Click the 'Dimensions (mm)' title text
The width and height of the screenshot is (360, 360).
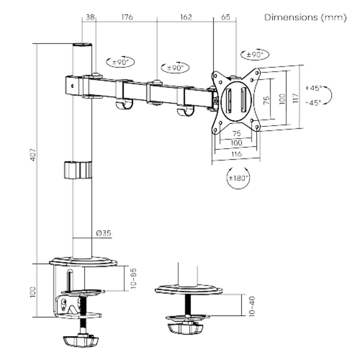[x=306, y=18]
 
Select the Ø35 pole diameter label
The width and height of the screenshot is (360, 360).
[x=103, y=233]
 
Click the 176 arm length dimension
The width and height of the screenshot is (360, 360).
[x=127, y=18]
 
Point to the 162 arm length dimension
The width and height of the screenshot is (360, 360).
[x=185, y=18]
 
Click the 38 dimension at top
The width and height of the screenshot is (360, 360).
[x=90, y=18]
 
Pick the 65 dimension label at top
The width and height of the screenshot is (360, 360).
[x=226, y=18]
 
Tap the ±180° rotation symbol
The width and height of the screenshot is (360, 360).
[x=238, y=177]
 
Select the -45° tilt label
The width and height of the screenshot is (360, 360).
[x=313, y=103]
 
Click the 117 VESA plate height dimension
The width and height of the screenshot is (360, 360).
[x=295, y=98]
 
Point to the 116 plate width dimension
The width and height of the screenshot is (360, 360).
[x=236, y=154]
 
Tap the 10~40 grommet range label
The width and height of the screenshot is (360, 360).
[x=252, y=305]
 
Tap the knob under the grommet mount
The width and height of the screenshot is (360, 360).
[x=185, y=328]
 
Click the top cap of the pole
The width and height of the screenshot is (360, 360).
[x=82, y=45]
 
